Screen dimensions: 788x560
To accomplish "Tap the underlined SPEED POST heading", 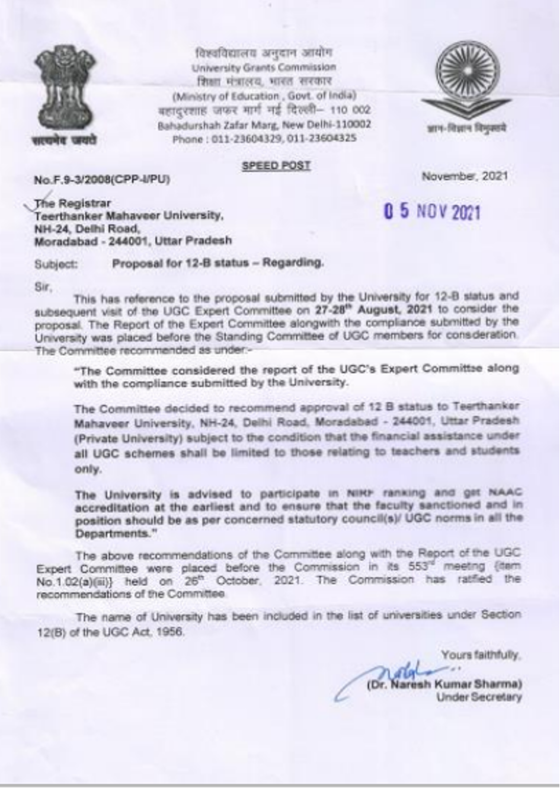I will point(276,166).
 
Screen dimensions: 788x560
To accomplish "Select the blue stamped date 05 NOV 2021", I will point(431,212).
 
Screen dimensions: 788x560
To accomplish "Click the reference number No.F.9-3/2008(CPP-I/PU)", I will point(102,179).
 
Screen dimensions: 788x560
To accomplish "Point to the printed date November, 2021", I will point(465,176).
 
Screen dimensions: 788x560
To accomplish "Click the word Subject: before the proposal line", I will point(56,264).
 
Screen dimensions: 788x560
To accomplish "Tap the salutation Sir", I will point(43,288).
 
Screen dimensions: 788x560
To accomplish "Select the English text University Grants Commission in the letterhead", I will point(264,67).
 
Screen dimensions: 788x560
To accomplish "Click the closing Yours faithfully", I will point(481,655).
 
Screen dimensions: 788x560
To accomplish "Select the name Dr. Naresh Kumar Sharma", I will point(444,684).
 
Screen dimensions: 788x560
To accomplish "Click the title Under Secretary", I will point(479,698).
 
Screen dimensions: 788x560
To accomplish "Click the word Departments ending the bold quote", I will point(111,533).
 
